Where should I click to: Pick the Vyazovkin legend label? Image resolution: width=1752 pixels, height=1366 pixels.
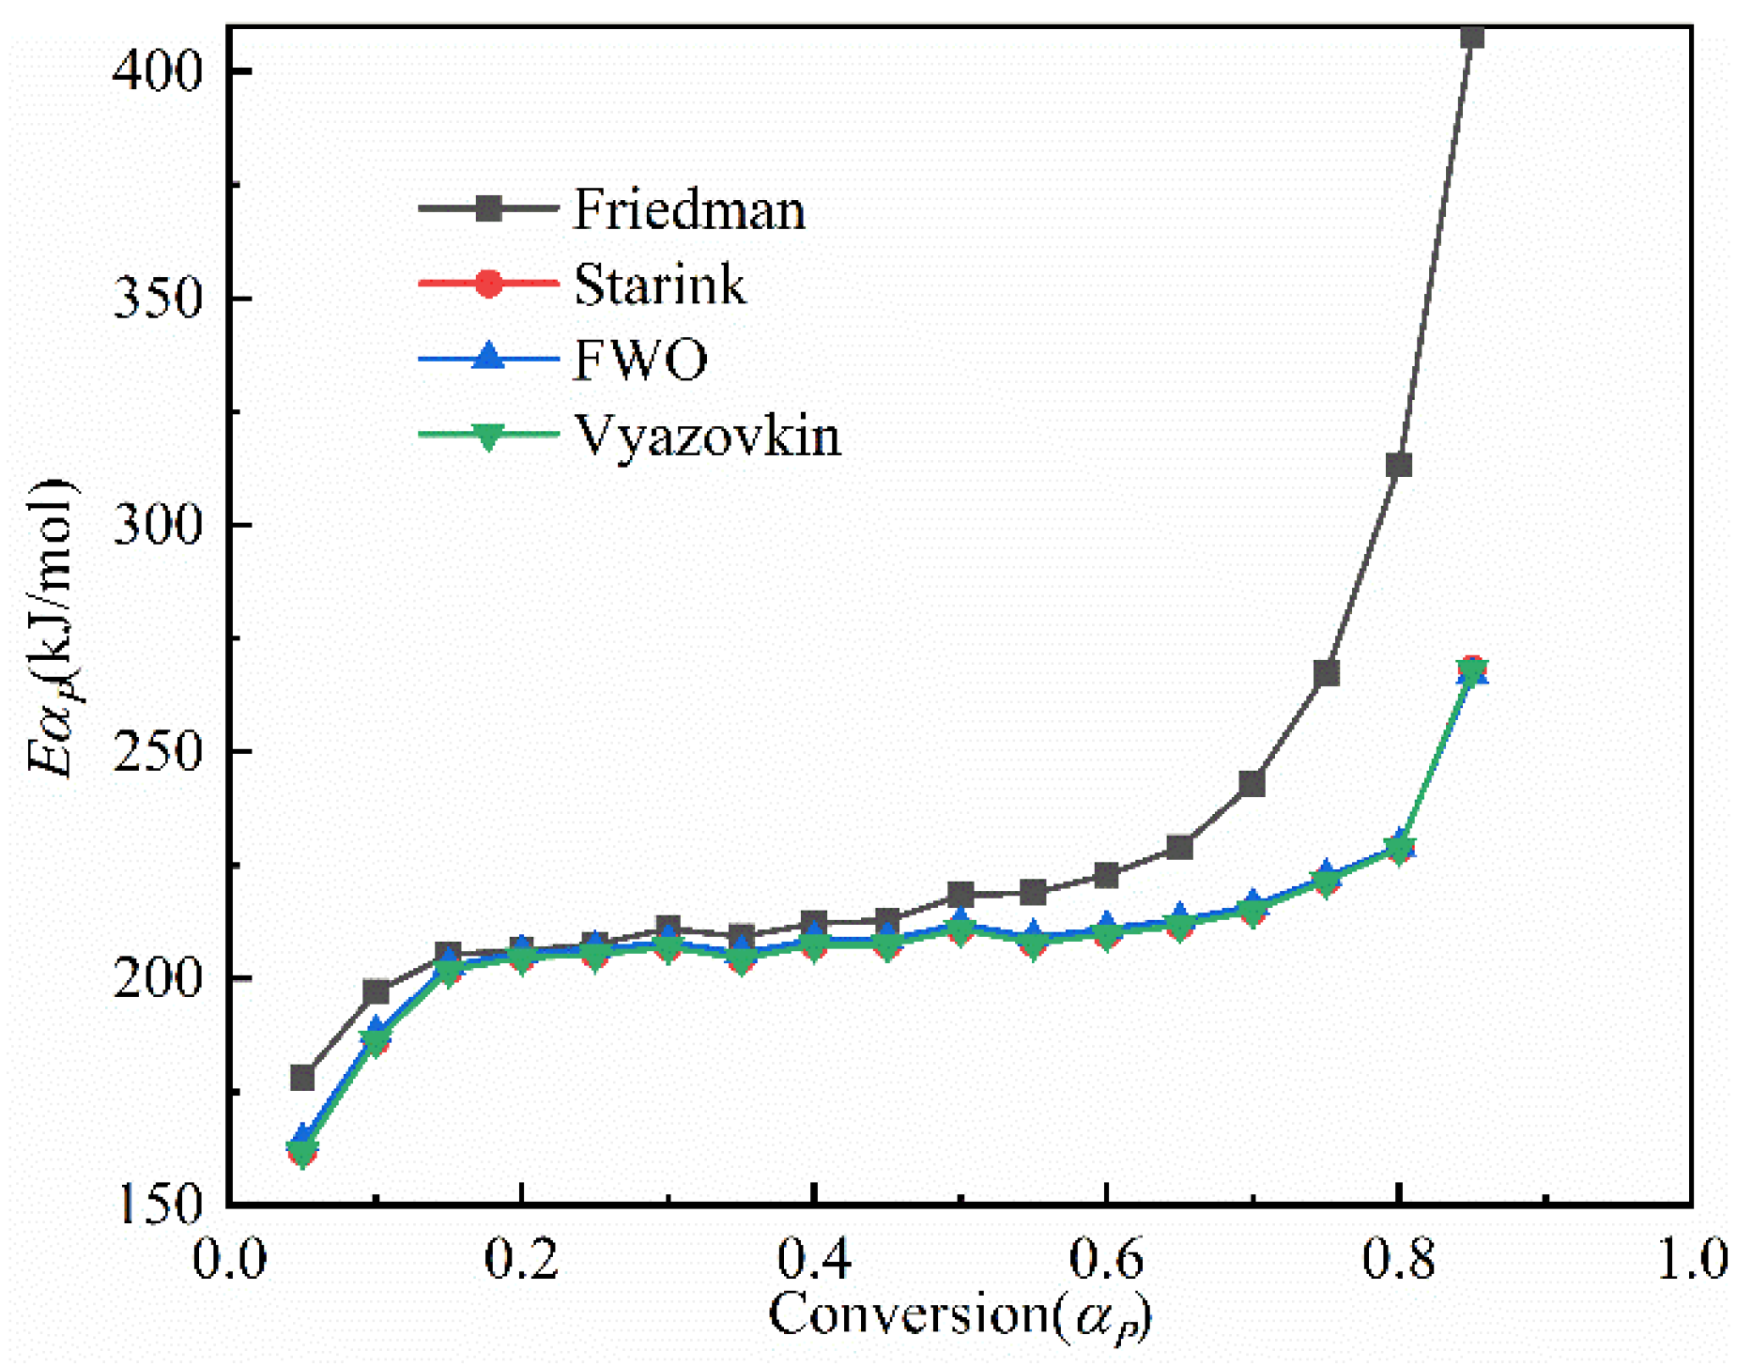(x=707, y=436)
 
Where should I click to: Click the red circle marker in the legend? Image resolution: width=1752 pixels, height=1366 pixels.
(x=488, y=283)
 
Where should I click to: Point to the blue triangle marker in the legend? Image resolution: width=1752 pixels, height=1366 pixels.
(x=488, y=358)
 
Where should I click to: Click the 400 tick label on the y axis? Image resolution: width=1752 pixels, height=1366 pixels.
(x=158, y=70)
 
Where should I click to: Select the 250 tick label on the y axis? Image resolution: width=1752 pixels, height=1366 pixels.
(x=158, y=752)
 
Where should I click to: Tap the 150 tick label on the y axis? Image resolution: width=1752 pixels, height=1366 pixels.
(x=158, y=1205)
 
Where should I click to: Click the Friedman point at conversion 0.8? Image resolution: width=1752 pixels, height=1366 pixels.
(x=1399, y=466)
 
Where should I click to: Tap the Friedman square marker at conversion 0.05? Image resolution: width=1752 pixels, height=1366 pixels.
(x=302, y=1077)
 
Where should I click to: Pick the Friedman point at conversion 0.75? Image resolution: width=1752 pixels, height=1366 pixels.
(x=1326, y=674)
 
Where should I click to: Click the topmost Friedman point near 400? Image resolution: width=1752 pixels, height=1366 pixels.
(x=1472, y=37)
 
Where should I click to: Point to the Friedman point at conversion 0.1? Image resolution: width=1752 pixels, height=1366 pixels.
(x=376, y=992)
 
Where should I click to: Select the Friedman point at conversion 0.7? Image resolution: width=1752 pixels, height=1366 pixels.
(x=1253, y=783)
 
